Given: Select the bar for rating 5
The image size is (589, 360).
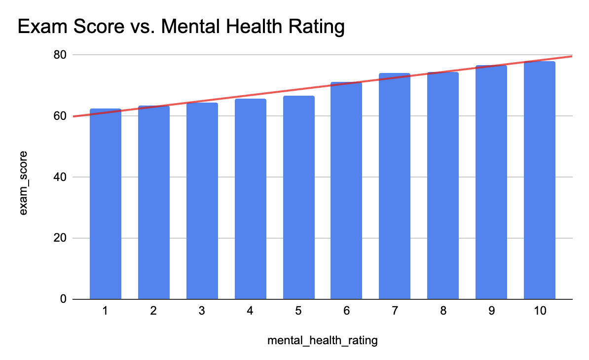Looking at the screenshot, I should [298, 197].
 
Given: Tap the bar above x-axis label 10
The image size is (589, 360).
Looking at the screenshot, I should [539, 180].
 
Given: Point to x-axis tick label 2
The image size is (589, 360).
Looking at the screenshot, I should [153, 312].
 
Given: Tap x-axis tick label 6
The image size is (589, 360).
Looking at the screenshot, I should [347, 312].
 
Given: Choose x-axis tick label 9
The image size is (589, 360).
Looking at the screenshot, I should [491, 312].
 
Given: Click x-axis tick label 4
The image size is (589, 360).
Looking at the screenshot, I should [250, 312].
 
